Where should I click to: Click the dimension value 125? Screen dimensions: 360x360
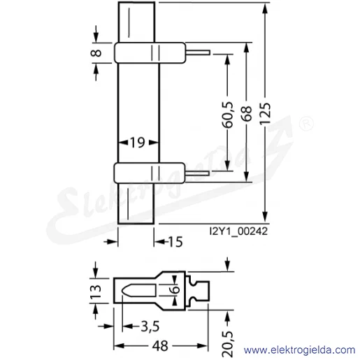click(266, 113)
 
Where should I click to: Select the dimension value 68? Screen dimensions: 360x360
click(247, 113)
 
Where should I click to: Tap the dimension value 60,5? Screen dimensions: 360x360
click(228, 115)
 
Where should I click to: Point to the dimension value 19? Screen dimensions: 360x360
click(138, 142)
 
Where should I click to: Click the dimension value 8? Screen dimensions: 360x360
click(96, 53)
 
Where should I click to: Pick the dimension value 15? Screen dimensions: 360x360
click(175, 242)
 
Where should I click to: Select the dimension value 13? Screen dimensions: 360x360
click(96, 291)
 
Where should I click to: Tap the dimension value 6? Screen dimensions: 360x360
click(176, 289)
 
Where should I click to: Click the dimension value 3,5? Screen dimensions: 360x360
click(150, 326)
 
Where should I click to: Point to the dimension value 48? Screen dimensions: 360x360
click(160, 346)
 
